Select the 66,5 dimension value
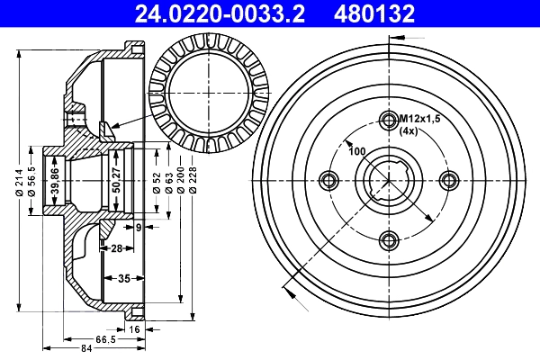click(x=106, y=339)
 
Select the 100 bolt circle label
click(x=356, y=150)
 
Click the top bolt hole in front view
click(x=389, y=121)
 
